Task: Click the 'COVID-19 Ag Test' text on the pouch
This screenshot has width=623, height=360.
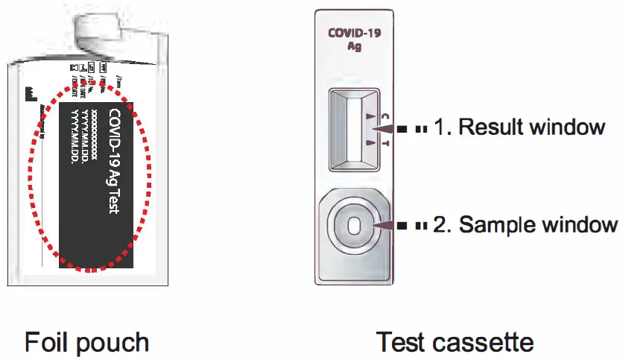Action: click(x=114, y=162)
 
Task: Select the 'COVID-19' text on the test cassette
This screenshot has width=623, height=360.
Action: click(x=355, y=34)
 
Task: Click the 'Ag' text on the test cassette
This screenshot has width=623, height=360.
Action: click(x=355, y=46)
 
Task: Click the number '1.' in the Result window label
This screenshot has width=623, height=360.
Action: click(x=443, y=127)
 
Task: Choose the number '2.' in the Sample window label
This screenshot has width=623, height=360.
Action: click(x=443, y=224)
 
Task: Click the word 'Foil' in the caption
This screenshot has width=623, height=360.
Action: click(x=48, y=342)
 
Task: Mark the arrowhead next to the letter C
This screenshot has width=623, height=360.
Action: click(x=370, y=116)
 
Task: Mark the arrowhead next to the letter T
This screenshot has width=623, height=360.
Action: click(x=370, y=141)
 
